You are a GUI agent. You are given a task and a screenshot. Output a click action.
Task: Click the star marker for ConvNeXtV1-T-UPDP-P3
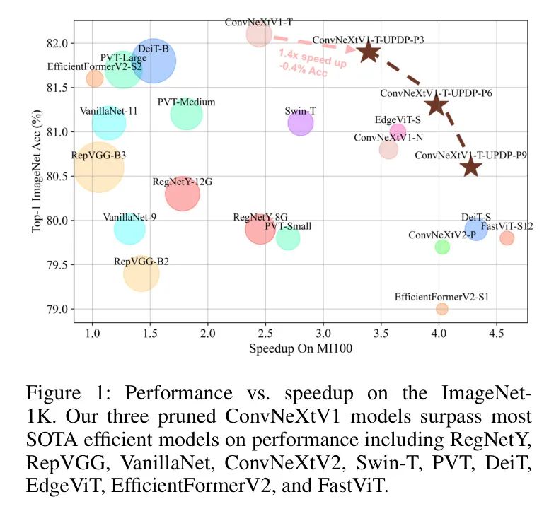pos(368,51)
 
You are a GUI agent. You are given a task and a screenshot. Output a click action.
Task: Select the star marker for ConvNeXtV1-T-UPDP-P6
pos(436,105)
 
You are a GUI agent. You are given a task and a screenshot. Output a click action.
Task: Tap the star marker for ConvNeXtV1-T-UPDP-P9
pos(470,167)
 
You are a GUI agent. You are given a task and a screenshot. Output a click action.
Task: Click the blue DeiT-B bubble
pos(154,61)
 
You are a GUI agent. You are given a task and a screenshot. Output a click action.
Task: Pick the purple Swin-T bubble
pos(301,123)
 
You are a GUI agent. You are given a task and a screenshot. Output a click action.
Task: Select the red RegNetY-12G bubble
pos(183,193)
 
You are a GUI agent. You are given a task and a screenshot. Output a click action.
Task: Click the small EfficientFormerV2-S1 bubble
pos(442,309)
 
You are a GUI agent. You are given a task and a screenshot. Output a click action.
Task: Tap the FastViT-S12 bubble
pos(507,238)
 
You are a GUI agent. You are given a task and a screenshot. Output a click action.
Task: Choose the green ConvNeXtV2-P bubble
pos(442,247)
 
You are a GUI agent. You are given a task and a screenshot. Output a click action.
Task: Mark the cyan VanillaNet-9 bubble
pos(129,229)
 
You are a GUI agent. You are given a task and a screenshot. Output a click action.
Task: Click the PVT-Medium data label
pos(187,102)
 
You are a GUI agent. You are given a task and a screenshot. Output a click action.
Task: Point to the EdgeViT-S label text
pos(398,120)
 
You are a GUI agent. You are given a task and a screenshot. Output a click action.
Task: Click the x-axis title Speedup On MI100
pos(300,349)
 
